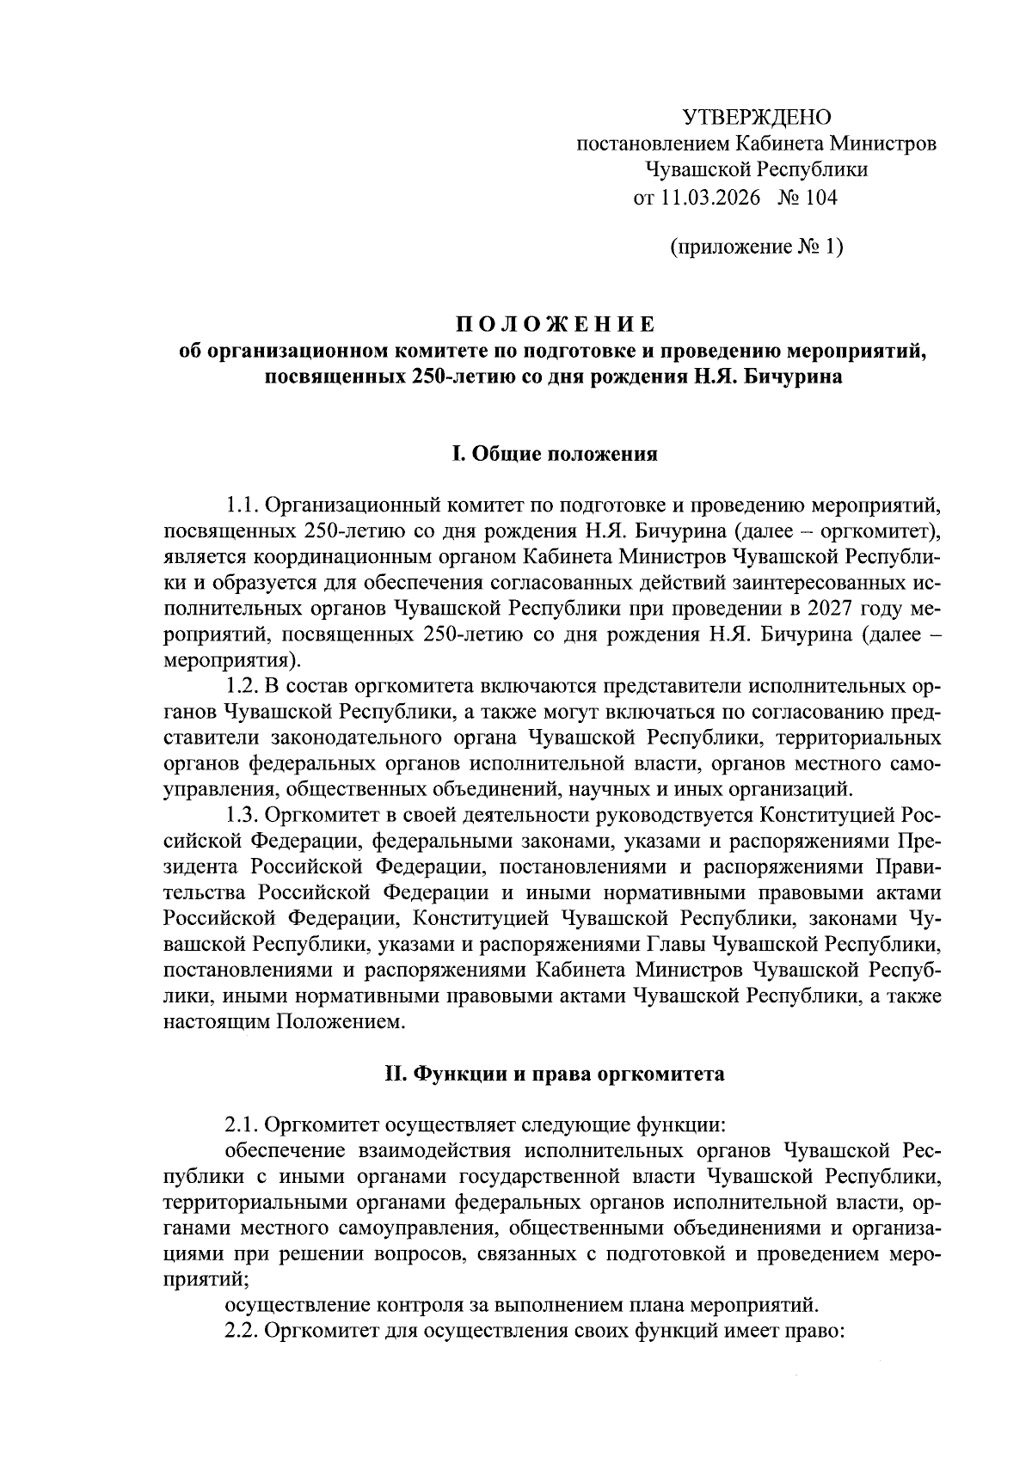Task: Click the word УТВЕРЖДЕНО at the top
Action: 757,117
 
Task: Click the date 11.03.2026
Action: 711,198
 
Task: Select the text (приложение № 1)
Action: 756,248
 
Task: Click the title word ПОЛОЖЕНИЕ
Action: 555,325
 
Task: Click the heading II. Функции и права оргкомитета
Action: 554,1074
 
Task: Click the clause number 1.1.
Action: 240,502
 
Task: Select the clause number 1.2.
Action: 240,688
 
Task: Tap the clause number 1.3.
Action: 240,813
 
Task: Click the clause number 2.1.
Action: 240,1124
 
